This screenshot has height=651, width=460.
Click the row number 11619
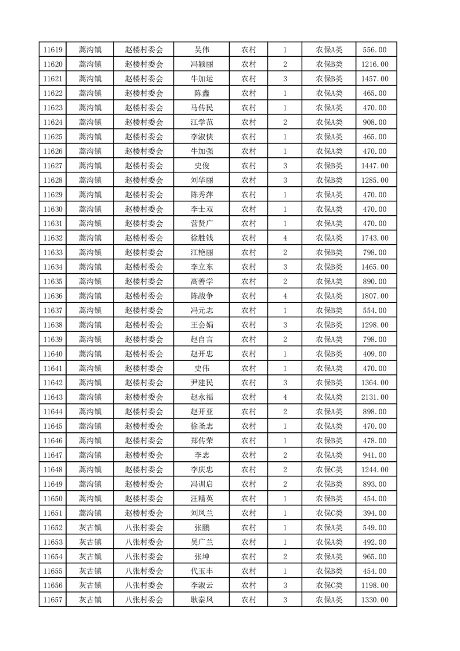click(52, 50)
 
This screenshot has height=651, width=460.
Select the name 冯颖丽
click(202, 64)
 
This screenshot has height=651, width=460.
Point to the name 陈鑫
click(202, 93)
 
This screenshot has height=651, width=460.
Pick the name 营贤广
click(202, 223)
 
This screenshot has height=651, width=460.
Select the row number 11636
click(52, 296)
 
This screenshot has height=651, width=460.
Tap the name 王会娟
click(202, 325)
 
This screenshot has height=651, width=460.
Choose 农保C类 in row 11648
click(329, 469)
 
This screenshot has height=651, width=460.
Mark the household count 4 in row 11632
click(285, 238)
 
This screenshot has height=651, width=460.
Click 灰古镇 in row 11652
click(90, 527)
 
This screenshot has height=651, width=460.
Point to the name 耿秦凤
click(202, 599)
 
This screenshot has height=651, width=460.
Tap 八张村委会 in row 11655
click(144, 570)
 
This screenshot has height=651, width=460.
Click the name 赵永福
click(202, 397)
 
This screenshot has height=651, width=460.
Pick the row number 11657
click(52, 599)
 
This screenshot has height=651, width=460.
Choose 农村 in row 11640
click(249, 354)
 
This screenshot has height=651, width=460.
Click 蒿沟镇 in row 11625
click(90, 137)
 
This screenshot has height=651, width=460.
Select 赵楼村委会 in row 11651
click(144, 513)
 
